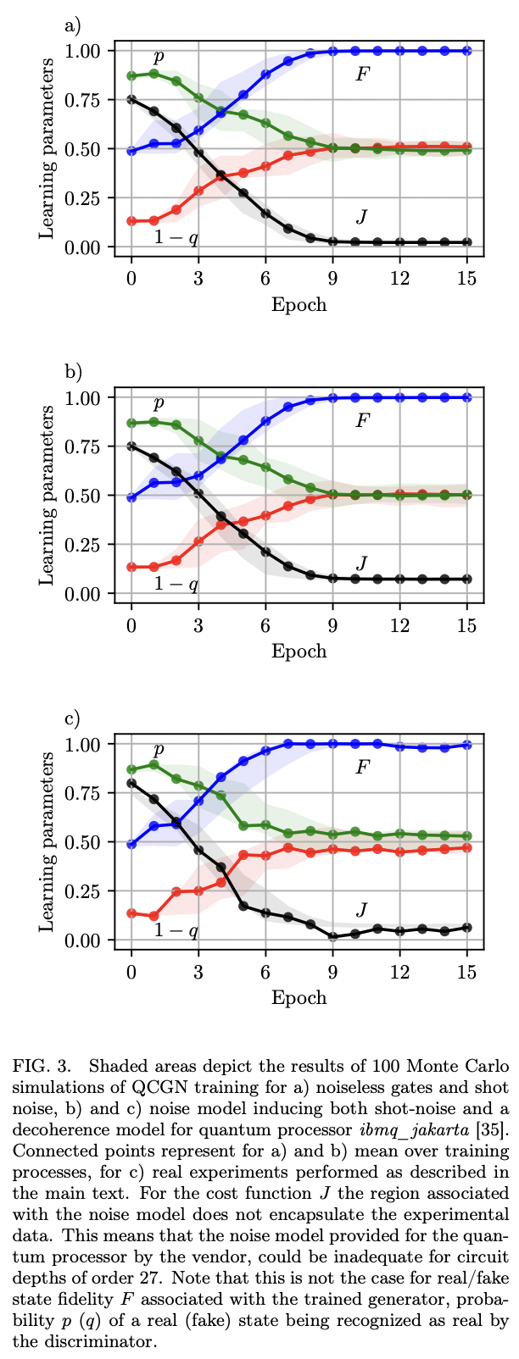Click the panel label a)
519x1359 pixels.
point(72,25)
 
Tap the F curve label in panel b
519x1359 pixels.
point(362,420)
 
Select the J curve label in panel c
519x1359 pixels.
point(362,910)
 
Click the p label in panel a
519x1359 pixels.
point(158,58)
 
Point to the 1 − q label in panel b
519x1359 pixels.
point(176,584)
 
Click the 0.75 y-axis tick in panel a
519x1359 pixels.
point(82,100)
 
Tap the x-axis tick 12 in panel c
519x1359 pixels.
point(399,971)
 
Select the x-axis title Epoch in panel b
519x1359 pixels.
point(299,651)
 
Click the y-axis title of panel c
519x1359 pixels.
point(48,842)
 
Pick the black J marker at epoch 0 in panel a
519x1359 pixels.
point(131,99)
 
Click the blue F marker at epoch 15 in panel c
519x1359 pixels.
point(466,745)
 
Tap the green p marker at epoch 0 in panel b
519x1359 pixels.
point(131,423)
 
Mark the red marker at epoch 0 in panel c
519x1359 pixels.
point(131,913)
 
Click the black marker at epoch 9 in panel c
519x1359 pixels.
point(333,937)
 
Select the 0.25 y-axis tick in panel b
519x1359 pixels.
point(82,545)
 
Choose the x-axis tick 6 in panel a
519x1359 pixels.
point(265,278)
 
